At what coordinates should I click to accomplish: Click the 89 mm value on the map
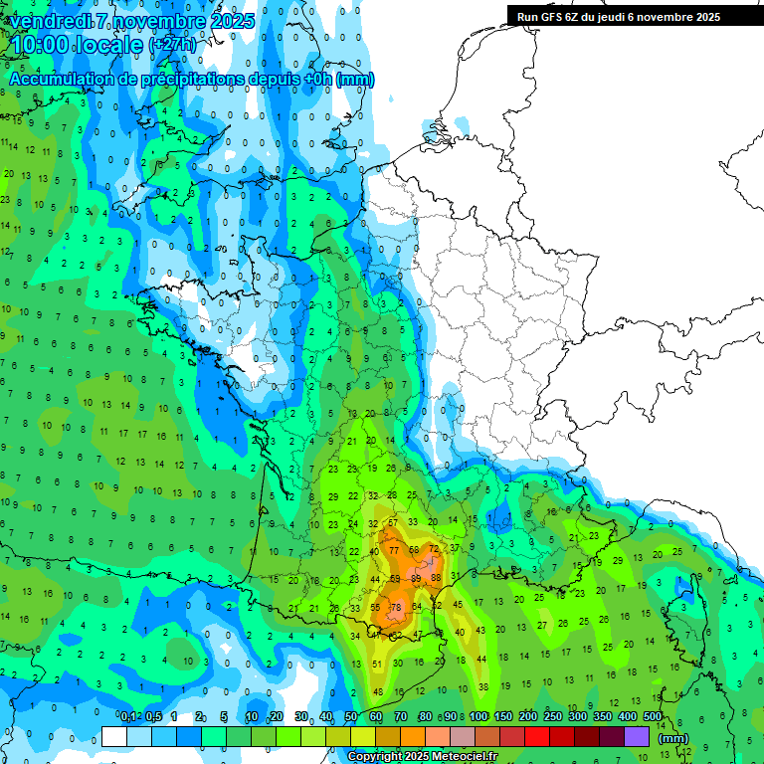(x=415, y=578)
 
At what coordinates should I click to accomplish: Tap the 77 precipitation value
(x=394, y=550)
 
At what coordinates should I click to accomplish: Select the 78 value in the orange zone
(x=395, y=607)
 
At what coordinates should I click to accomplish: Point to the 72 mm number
(x=434, y=549)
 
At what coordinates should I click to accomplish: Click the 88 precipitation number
(x=436, y=578)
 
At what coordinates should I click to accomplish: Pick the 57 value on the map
(x=394, y=522)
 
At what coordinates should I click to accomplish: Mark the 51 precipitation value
(x=376, y=664)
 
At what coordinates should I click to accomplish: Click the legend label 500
(x=653, y=717)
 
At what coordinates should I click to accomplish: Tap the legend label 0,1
(x=128, y=717)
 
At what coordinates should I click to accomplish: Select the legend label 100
(x=478, y=717)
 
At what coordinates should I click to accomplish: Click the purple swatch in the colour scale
(x=637, y=737)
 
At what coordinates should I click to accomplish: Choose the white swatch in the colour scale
(x=114, y=737)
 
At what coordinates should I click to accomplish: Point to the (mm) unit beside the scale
(x=673, y=738)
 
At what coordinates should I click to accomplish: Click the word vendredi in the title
(x=51, y=20)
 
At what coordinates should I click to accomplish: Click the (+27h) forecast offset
(x=172, y=45)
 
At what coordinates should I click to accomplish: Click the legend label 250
(x=553, y=717)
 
